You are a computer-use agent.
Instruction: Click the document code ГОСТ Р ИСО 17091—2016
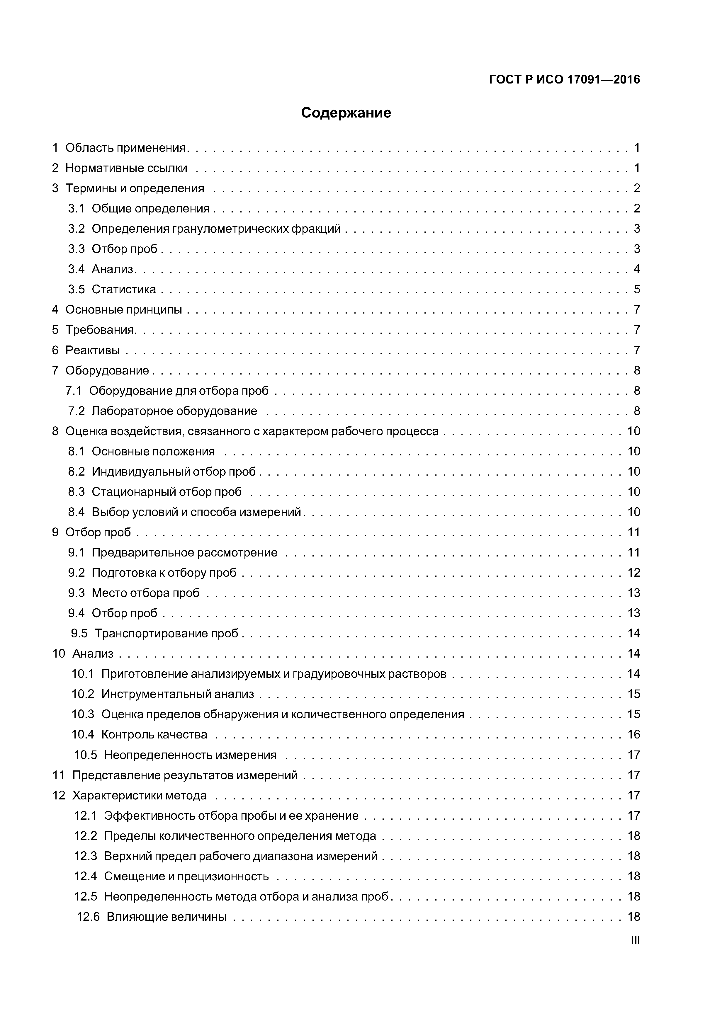coord(564,80)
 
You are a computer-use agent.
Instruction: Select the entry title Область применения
coord(125,148)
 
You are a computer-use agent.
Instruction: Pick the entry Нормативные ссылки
coord(126,168)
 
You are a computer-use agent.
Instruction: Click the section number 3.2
coord(76,229)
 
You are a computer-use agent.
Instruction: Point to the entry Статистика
coord(124,289)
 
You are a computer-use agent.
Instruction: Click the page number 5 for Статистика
coord(636,289)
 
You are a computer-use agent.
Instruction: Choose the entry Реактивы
coord(93,350)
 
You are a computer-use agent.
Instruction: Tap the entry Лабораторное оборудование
coord(174,411)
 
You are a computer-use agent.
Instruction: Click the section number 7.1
coord(74,391)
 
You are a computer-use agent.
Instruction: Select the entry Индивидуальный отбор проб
coord(174,472)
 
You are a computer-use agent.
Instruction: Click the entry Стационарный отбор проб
coord(167,492)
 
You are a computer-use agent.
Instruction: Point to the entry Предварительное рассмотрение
coord(185,552)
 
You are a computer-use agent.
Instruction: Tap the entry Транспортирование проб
coord(166,634)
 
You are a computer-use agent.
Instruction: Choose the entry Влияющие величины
coord(166,917)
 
